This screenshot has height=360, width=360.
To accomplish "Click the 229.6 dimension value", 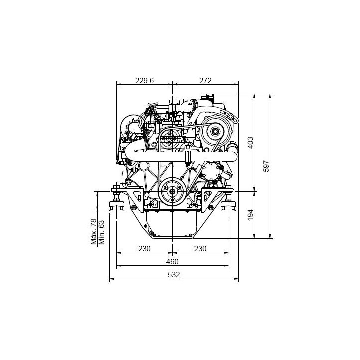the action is [x=144, y=81].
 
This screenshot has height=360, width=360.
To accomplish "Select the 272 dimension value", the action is [x=205, y=81].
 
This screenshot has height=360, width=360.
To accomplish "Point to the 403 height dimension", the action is [x=250, y=143].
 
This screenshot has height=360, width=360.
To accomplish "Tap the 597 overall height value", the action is [x=266, y=166].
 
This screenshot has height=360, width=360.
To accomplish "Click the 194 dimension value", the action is [x=250, y=215].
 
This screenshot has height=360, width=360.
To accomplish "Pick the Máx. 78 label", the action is [x=94, y=231].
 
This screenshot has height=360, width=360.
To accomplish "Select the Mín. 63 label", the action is [x=101, y=232].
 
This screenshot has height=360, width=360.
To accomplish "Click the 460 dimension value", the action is [x=172, y=261].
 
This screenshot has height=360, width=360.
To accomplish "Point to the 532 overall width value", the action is [x=174, y=274].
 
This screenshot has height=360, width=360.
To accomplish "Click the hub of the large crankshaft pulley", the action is [x=172, y=191].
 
